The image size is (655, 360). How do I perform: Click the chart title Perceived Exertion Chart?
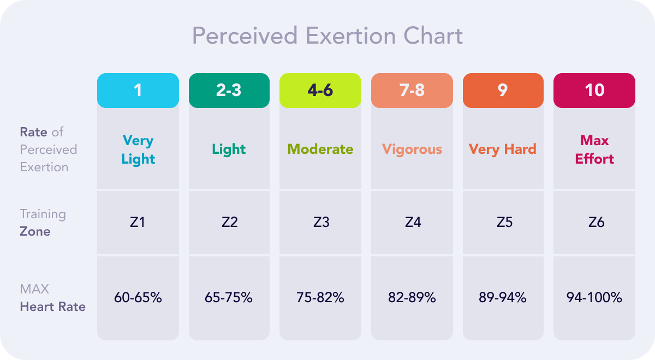point(327,36)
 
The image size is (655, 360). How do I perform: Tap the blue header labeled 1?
point(138,90)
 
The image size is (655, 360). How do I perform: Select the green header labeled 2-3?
point(229,90)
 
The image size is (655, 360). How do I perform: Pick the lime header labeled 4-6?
point(320,90)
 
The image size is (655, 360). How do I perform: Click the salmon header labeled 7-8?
point(412,90)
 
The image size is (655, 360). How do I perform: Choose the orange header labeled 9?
point(503,90)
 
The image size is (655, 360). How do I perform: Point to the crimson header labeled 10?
point(594,90)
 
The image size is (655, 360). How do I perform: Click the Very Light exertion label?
point(138,149)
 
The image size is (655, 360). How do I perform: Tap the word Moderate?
point(320,149)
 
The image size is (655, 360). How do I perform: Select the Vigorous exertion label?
point(412,149)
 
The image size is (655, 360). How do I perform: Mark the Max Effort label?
point(594,149)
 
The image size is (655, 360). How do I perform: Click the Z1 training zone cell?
point(138,222)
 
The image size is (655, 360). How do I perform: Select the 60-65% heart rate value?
point(138,298)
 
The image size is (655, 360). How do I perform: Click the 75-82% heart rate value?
point(320,298)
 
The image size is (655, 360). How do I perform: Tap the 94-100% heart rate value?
point(594,298)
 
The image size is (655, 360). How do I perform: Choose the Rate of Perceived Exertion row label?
point(49,149)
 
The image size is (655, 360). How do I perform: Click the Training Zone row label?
point(43,223)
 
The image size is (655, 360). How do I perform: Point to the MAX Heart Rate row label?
point(52,298)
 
